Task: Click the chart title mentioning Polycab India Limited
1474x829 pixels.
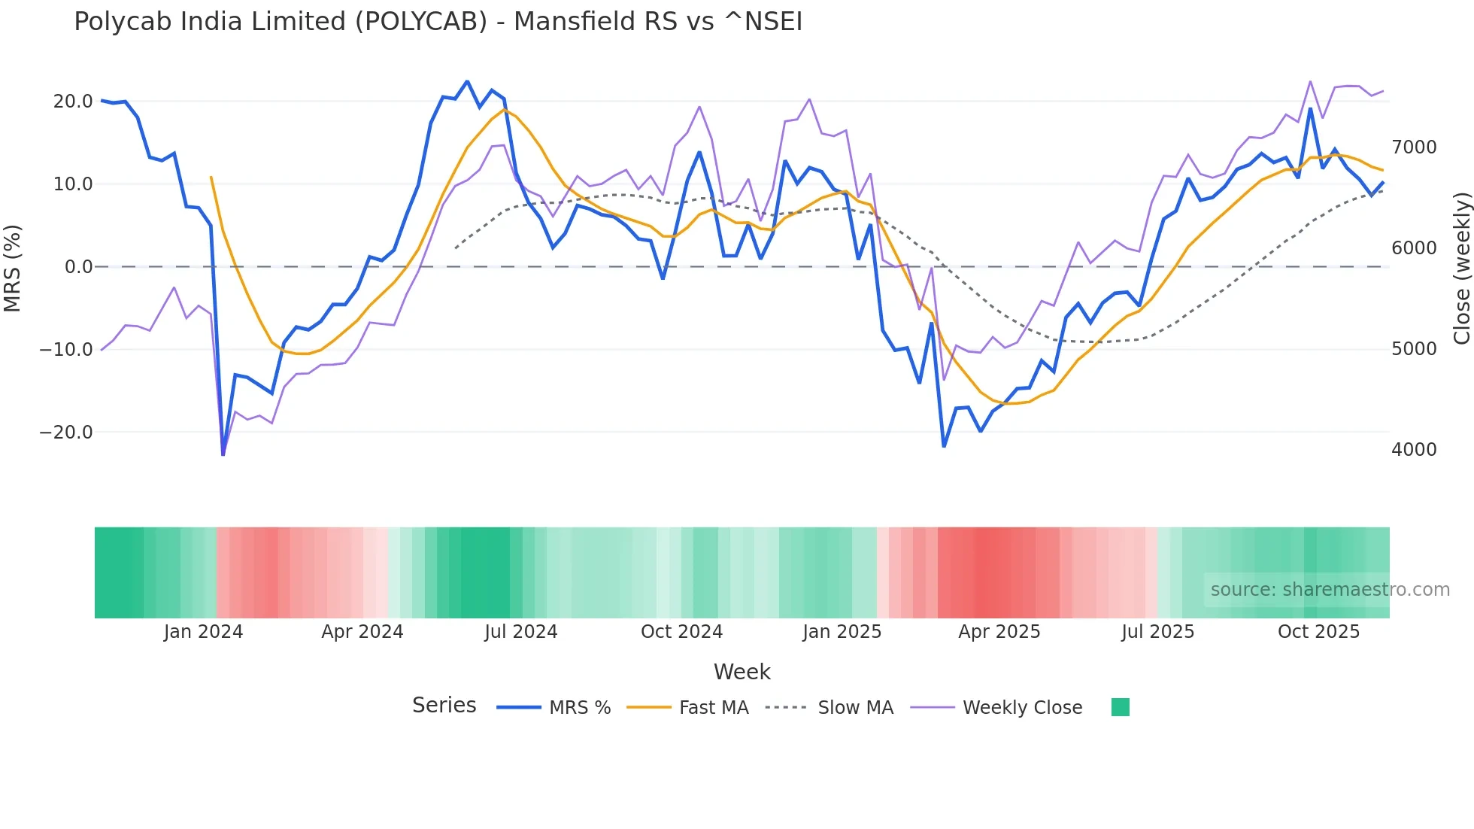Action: point(438,22)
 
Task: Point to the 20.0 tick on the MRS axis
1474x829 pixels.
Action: point(73,102)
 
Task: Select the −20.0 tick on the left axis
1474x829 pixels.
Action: point(66,433)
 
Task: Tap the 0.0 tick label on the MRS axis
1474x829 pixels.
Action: point(78,267)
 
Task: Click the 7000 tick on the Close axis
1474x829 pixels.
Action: point(1414,147)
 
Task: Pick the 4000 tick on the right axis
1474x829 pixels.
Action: point(1414,450)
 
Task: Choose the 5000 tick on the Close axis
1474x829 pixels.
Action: point(1414,349)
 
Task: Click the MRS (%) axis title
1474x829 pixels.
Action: point(13,268)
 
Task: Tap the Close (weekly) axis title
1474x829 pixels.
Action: point(1461,268)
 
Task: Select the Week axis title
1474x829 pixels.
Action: point(742,672)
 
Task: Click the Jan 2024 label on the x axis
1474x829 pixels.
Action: point(203,632)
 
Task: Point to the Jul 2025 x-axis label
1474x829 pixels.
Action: point(1157,632)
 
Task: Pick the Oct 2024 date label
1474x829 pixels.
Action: point(681,632)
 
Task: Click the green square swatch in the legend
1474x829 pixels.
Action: point(1120,707)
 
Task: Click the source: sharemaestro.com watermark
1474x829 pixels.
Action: point(1330,590)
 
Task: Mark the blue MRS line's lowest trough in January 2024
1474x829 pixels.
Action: point(223,454)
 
